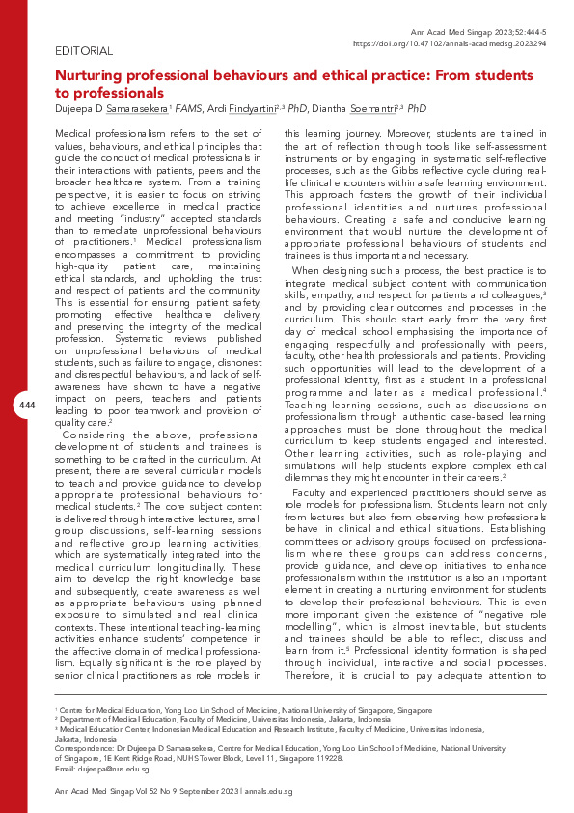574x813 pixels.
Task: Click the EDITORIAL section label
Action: [x=85, y=50]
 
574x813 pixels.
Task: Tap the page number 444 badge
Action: [x=27, y=406]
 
